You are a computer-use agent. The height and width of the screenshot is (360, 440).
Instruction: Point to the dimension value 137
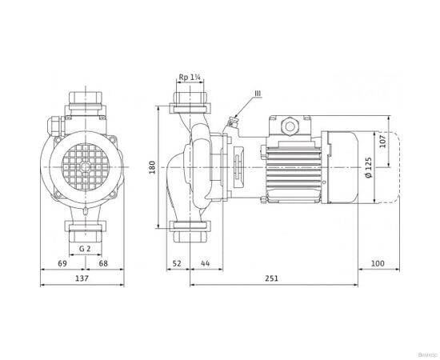tap(81, 278)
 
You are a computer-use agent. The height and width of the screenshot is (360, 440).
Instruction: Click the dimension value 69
tap(61, 262)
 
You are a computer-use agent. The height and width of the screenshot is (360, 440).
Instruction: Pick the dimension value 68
tap(103, 262)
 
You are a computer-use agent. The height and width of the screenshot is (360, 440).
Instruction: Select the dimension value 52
tap(178, 262)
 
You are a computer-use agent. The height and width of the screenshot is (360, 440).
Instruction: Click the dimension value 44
tap(205, 262)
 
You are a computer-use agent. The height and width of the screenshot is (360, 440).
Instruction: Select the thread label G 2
tap(83, 248)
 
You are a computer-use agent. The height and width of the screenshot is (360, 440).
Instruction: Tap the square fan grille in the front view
tap(82, 166)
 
